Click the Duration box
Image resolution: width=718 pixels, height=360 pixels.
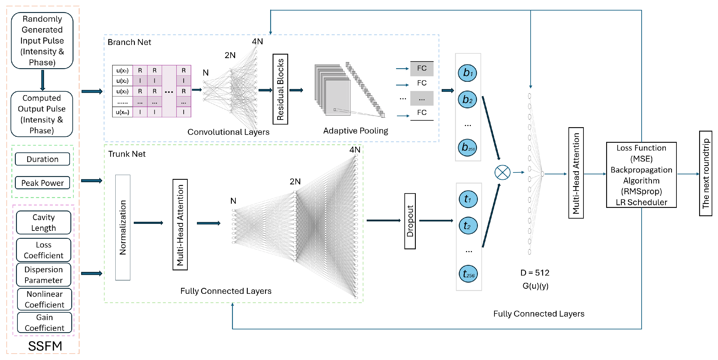tap(42, 159)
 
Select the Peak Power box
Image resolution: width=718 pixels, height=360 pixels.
tap(42, 183)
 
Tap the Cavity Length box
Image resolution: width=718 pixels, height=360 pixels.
tap(43, 222)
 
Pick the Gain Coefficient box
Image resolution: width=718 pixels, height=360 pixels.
tap(44, 322)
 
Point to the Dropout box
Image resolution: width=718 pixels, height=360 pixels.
tap(410, 221)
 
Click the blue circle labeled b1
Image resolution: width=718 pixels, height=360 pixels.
tap(467, 73)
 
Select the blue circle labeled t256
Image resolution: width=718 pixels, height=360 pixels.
tap(468, 274)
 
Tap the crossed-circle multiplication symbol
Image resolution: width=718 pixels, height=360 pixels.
tap(502, 173)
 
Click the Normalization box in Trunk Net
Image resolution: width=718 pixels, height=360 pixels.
tap(123, 227)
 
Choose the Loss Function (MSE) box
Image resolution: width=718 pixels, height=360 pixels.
tap(641, 175)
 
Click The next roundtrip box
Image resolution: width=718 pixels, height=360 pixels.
tap(705, 173)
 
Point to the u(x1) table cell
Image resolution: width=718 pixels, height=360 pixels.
tap(122, 70)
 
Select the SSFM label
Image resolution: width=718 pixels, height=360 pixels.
tap(45, 346)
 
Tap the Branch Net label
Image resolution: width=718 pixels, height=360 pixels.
tap(129, 42)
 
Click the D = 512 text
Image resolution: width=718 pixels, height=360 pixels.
tap(535, 273)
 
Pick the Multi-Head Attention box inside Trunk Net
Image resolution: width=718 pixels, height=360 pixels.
tap(180, 225)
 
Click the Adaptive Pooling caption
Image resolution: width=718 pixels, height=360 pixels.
tap(355, 131)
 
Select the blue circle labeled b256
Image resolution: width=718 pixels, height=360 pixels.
tap(467, 147)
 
